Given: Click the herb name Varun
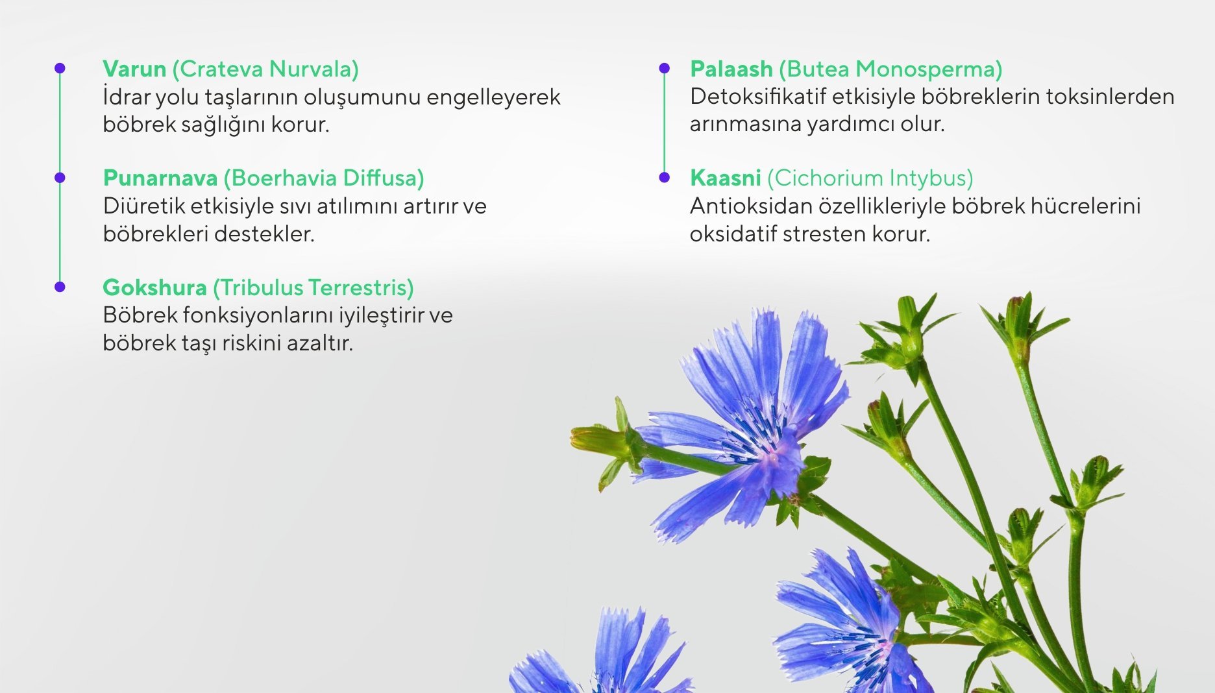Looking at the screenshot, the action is [134, 69].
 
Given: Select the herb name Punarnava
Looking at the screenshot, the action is [160, 178].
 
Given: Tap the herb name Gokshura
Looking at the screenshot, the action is [154, 287].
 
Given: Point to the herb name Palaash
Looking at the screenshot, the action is [731, 69].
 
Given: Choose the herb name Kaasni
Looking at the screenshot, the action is [725, 178].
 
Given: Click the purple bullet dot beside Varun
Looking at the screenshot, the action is [60, 68].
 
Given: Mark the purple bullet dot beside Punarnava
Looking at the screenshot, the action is [60, 177].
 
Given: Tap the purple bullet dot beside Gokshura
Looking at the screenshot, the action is [60, 287].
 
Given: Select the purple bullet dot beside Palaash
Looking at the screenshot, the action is [664, 68].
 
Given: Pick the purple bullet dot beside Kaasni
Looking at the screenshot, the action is [664, 177].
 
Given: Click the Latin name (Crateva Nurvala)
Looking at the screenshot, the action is [265, 69].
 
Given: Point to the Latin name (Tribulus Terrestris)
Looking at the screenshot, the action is [313, 287].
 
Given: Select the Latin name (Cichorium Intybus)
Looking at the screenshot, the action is [870, 178].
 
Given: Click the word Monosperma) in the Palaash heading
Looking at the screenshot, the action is [929, 69].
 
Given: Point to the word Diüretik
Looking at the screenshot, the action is [143, 206].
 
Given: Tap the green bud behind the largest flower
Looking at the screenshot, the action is [600, 441].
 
